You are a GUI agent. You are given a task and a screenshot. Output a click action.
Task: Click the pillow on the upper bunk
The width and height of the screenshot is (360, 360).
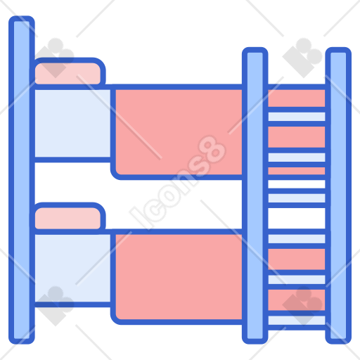(67, 72)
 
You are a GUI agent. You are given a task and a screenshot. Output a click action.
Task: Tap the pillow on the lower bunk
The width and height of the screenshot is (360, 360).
(67, 217)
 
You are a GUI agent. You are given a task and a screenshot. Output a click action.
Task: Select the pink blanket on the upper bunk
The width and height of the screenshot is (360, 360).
(179, 132)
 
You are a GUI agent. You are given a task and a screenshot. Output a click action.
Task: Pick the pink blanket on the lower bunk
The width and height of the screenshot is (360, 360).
(179, 276)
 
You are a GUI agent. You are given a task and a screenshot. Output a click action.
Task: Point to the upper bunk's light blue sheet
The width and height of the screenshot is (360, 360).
(72, 123)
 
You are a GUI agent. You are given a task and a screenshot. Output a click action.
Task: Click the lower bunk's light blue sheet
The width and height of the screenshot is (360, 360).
(72, 268)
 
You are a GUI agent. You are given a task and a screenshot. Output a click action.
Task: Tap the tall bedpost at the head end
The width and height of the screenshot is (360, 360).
(22, 180)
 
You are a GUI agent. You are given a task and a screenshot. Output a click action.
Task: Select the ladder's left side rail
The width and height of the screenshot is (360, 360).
(255, 195)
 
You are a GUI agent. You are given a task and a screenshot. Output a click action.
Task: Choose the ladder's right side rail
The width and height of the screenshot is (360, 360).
(338, 195)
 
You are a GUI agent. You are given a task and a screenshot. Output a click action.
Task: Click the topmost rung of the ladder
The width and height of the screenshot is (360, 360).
(297, 117)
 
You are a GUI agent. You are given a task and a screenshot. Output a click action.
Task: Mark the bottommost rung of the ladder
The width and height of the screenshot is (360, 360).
(297, 321)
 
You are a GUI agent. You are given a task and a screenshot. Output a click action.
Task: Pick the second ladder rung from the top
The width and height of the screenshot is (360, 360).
(297, 157)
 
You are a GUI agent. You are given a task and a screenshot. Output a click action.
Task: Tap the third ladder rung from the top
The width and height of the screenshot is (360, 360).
(297, 198)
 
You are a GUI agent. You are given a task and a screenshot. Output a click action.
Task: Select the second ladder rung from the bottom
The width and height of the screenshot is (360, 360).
(297, 280)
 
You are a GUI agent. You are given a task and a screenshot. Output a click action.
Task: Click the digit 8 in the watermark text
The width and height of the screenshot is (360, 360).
(212, 150)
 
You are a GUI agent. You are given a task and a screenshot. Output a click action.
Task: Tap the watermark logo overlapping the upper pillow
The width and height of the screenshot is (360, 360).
(56, 58)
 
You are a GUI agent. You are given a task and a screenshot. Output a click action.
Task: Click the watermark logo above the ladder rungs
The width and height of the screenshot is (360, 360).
(303, 58)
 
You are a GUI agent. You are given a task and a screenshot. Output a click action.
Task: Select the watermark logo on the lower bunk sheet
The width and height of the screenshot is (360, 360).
(56, 306)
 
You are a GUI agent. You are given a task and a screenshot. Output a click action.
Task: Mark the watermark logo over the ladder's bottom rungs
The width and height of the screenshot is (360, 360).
(303, 306)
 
